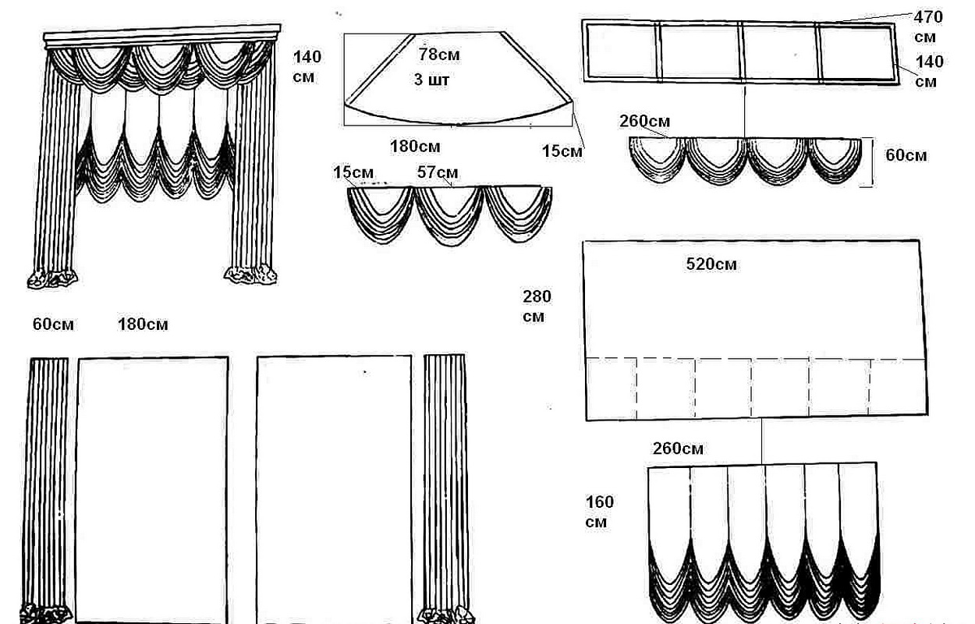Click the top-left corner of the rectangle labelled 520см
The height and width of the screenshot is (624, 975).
point(583,242)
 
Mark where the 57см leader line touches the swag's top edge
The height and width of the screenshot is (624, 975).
point(452,187)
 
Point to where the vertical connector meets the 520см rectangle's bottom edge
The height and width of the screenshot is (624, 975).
point(762,419)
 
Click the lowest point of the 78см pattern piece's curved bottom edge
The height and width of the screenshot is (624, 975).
point(457,125)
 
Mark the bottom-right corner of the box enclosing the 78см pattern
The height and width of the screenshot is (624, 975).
point(572,126)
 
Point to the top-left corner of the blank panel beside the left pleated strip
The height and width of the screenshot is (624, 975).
point(78,359)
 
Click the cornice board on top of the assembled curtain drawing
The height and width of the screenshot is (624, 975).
point(162,34)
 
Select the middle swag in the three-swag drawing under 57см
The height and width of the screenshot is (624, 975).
point(449,215)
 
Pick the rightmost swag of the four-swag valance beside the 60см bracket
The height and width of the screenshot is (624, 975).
point(835,160)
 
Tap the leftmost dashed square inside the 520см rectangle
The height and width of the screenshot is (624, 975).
point(611,388)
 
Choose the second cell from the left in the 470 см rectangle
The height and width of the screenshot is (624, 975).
point(700,52)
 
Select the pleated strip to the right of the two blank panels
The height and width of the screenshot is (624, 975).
point(445,487)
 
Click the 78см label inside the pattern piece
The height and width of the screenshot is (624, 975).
point(438,55)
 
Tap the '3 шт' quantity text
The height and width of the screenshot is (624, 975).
point(431,80)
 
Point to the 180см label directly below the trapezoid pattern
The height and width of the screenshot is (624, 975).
point(415,146)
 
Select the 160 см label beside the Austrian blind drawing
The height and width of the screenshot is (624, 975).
point(599,512)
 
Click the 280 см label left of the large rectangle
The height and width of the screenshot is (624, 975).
point(537,306)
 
